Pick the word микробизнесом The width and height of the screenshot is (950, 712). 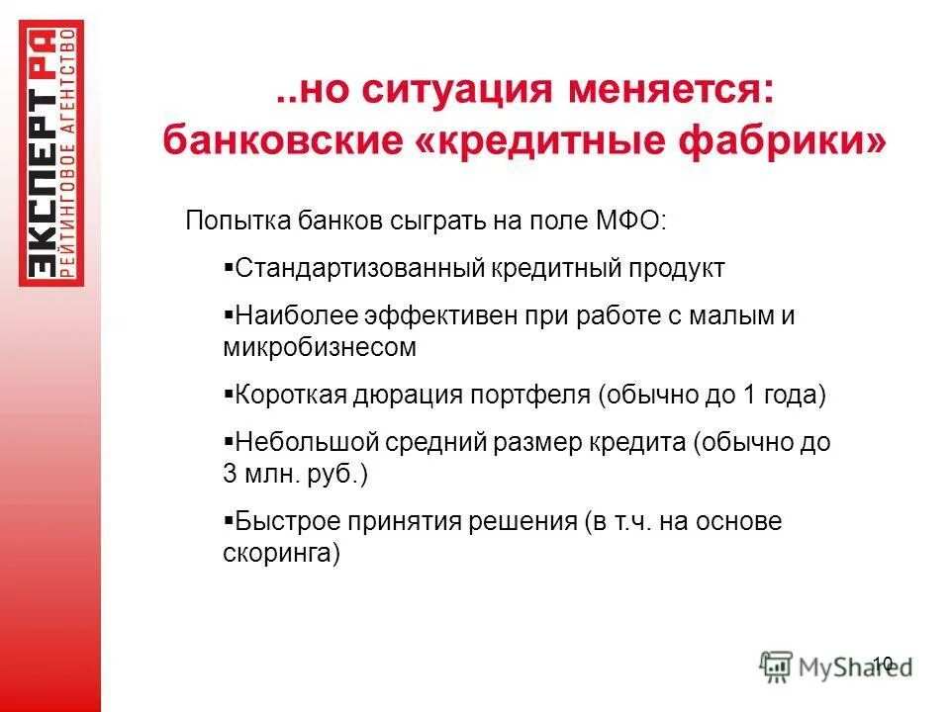click(x=320, y=347)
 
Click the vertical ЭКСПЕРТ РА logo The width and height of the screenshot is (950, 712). click(x=51, y=154)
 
